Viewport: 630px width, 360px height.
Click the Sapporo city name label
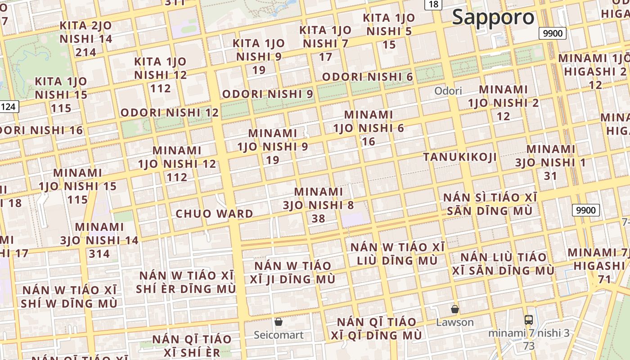(493, 17)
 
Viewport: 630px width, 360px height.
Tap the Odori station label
(448, 91)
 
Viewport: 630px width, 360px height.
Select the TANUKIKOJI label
(460, 157)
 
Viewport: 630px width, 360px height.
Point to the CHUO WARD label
(214, 213)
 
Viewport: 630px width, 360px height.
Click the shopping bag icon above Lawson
(455, 309)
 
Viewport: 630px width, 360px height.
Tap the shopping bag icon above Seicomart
(279, 322)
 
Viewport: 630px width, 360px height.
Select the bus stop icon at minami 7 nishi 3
(529, 320)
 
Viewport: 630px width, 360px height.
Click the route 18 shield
(433, 4)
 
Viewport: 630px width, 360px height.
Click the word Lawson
(455, 322)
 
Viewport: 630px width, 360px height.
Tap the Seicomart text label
(279, 335)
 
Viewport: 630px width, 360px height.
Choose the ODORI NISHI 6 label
(367, 77)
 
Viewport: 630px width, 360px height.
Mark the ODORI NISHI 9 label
(268, 94)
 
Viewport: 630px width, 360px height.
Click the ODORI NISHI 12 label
(170, 112)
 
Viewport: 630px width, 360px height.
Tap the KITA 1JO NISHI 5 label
(389, 25)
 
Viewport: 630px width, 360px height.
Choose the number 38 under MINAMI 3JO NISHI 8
(319, 219)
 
